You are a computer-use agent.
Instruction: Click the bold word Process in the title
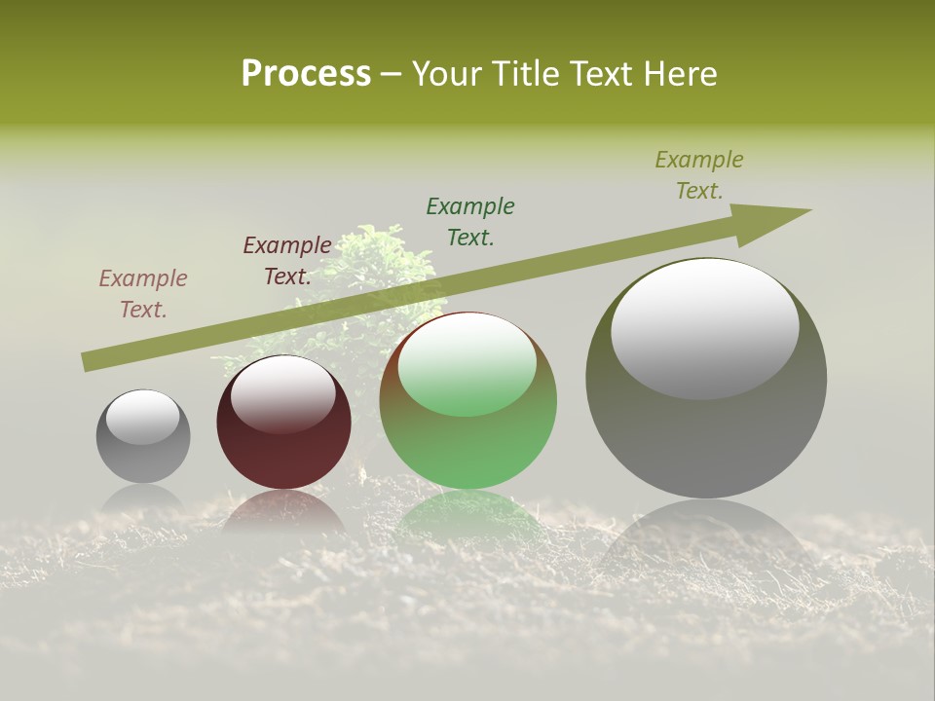click(306, 74)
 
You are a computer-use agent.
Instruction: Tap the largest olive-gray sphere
click(706, 438)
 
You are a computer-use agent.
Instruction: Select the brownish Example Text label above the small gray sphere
click(143, 294)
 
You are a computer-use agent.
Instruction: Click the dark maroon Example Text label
click(287, 261)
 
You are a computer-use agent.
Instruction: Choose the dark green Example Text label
click(470, 222)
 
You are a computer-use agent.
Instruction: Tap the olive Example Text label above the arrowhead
click(699, 175)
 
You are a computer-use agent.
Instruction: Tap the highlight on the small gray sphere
click(143, 417)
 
